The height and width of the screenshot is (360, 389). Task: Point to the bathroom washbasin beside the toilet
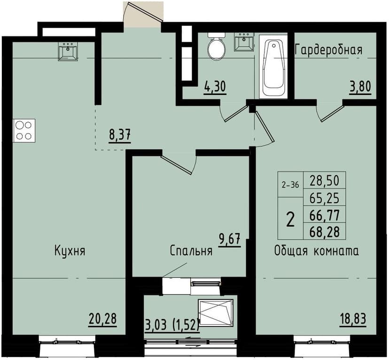244,42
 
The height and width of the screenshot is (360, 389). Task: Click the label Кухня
70,250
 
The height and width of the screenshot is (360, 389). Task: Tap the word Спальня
191,251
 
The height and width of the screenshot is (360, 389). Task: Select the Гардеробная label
328,50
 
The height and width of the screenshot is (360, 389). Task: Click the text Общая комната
317,250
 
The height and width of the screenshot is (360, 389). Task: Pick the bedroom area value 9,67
229,240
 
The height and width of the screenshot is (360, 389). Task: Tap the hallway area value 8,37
119,135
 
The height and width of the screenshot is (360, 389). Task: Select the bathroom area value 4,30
215,87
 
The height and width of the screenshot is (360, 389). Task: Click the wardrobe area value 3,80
359,87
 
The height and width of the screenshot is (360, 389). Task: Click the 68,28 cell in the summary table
325,231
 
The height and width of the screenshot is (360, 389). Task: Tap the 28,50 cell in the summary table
325,180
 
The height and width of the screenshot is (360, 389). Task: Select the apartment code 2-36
290,185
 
